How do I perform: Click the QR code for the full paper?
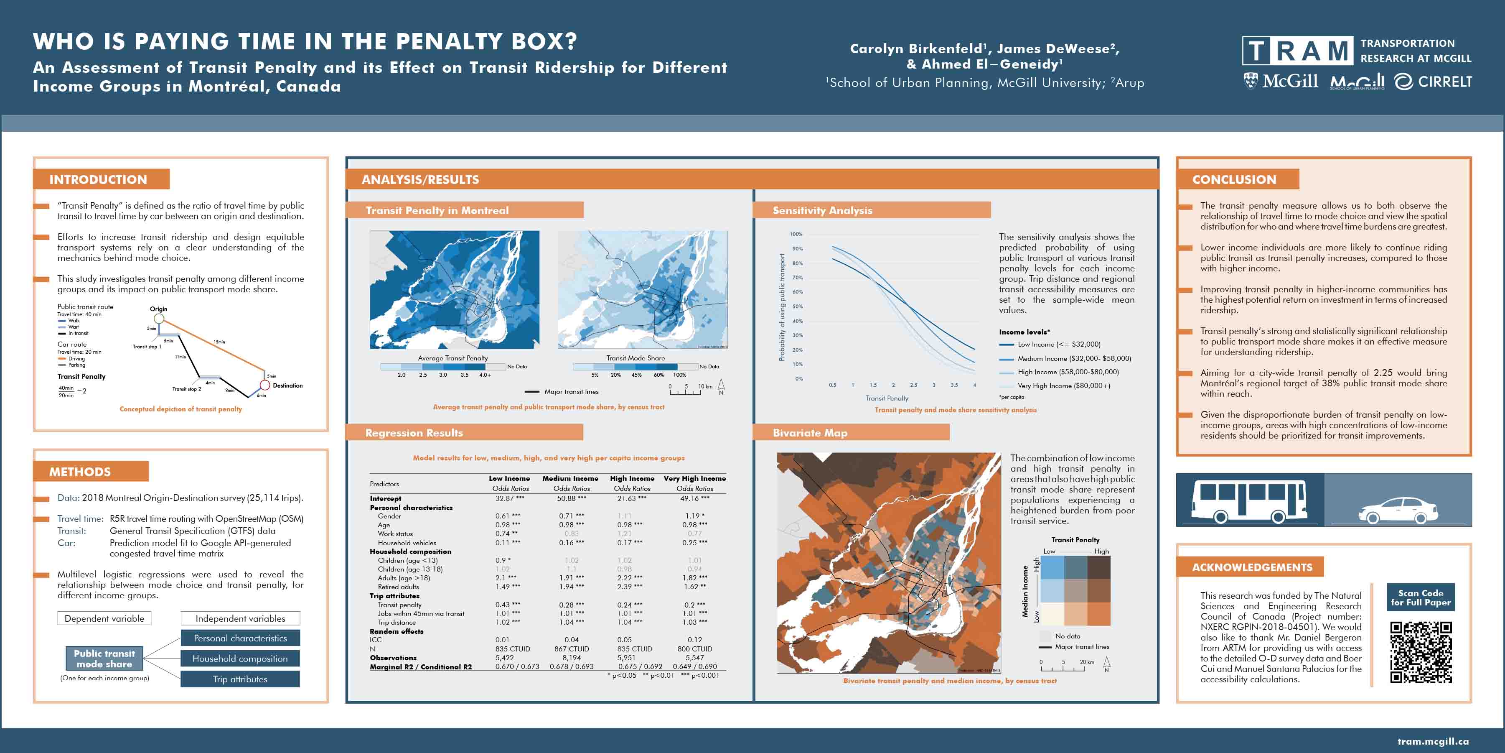[x=1421, y=652]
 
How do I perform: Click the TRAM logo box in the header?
[x=1297, y=51]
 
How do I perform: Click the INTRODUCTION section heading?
[x=98, y=179]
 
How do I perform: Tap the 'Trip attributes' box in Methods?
[x=240, y=679]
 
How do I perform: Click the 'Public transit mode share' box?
[x=104, y=658]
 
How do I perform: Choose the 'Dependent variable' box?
[x=104, y=618]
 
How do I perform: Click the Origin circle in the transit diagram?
[x=158, y=319]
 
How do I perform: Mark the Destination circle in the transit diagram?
[x=264, y=385]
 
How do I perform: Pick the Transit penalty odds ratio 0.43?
[x=507, y=605]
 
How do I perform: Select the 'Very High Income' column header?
[x=695, y=478]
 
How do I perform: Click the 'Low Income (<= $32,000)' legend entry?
[x=1058, y=345]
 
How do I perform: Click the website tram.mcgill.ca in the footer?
[x=1433, y=741]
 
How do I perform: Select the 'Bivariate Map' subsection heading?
[x=810, y=433]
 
